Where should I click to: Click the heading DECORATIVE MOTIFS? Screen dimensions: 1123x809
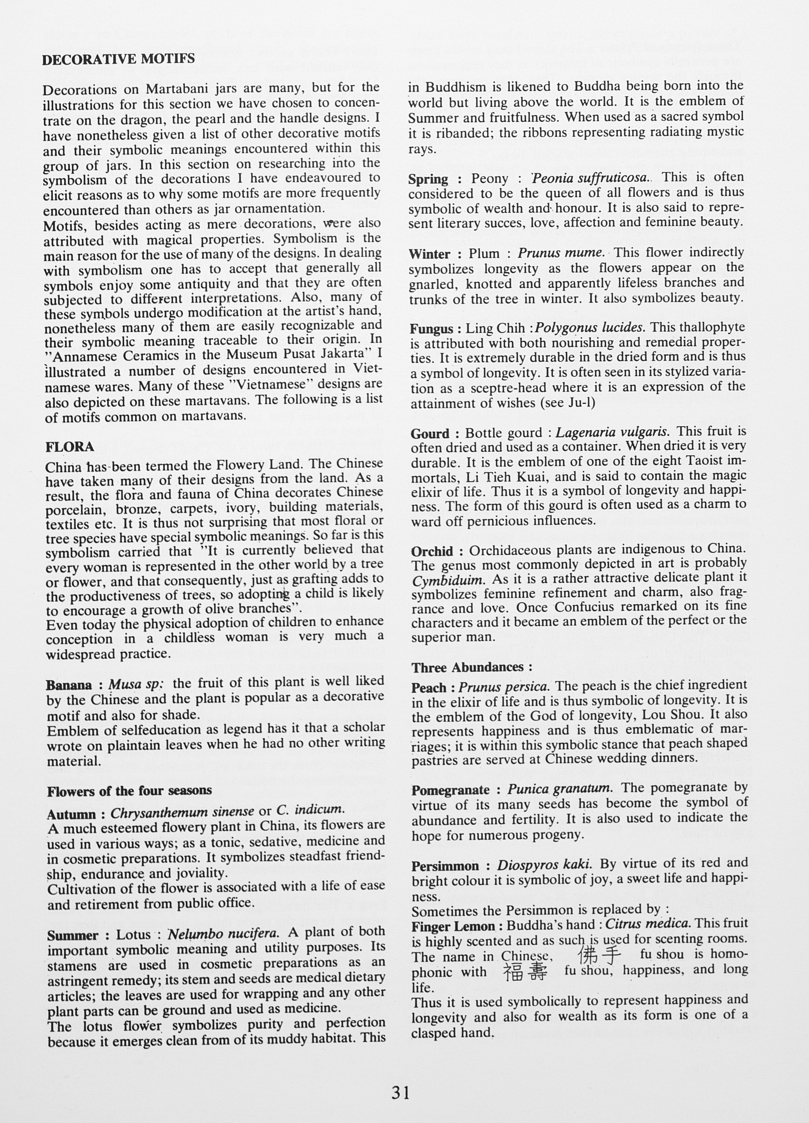pos(119,59)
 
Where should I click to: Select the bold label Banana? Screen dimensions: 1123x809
pos(69,685)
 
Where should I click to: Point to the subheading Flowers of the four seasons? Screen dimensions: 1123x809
pos(129,791)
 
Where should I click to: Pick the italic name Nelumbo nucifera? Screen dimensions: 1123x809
pos(223,934)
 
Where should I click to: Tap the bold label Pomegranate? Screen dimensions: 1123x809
pos(451,790)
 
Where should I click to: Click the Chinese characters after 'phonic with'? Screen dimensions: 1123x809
pos(526,972)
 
